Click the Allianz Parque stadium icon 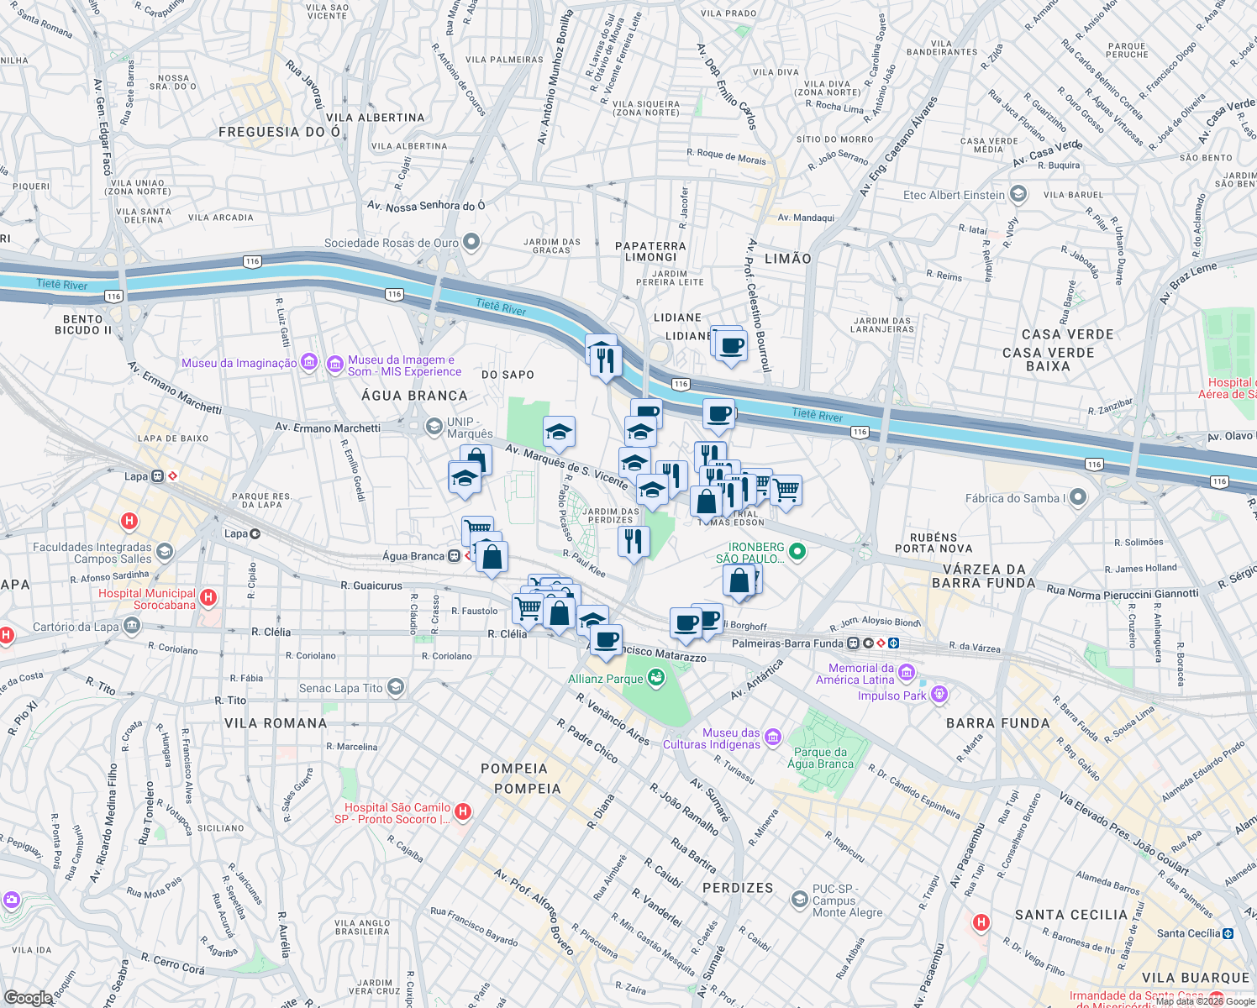pos(656,677)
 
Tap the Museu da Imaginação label pos(239,363)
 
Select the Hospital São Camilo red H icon pos(463,811)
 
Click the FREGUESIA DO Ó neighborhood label pos(280,132)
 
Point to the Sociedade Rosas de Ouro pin pos(471,243)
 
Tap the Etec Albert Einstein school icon pos(1018,194)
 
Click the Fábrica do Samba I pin pos(1078,497)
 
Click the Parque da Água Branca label pos(820,758)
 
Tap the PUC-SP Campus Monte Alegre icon pos(799,900)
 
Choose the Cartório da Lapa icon pos(132,626)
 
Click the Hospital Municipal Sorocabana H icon pos(208,598)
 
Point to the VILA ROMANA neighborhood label pos(276,723)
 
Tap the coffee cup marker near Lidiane pos(731,345)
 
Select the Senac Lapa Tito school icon pos(396,688)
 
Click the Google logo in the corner pos(28,998)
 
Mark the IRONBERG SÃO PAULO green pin pos(797,552)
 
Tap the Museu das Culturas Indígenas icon pos(773,738)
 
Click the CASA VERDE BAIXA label pos(1048,360)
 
